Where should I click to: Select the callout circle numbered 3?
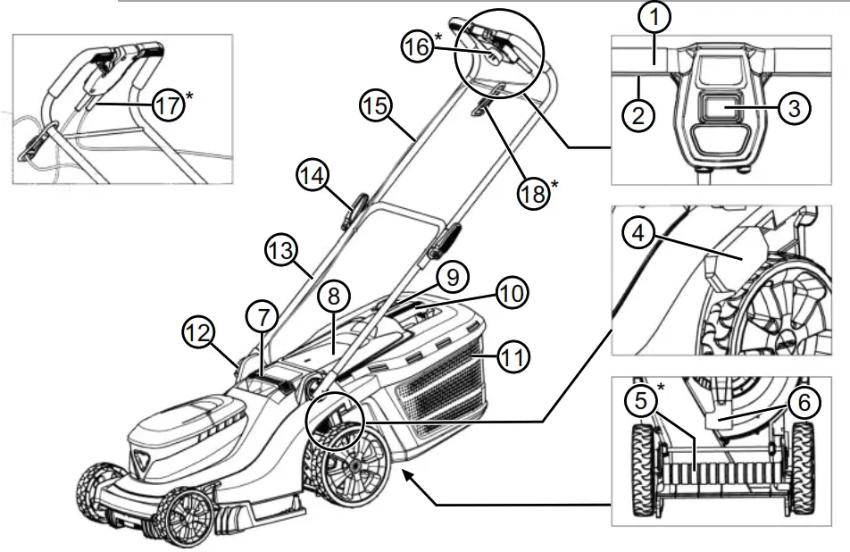pos(793,108)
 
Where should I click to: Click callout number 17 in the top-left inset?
pos(169,105)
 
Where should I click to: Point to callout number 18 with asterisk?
pos(534,193)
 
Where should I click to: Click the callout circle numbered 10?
pos(512,292)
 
